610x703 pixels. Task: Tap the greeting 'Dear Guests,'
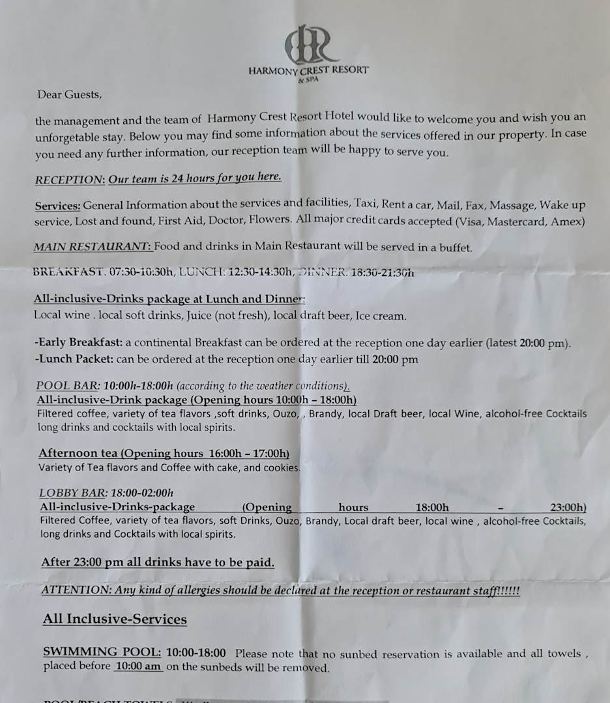70,94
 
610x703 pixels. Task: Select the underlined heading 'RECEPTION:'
70,180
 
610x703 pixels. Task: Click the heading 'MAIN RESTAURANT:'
93,247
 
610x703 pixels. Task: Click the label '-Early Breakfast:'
78,343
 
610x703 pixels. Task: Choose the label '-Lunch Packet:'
74,359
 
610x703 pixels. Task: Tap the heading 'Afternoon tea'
78,453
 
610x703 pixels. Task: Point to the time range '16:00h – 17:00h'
248,453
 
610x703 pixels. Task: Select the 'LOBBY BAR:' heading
64,493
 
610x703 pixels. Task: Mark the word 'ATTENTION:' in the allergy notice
76,590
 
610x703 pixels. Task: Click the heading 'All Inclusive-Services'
115,619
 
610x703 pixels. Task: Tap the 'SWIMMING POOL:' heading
102,652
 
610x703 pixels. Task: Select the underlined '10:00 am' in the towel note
138,667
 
